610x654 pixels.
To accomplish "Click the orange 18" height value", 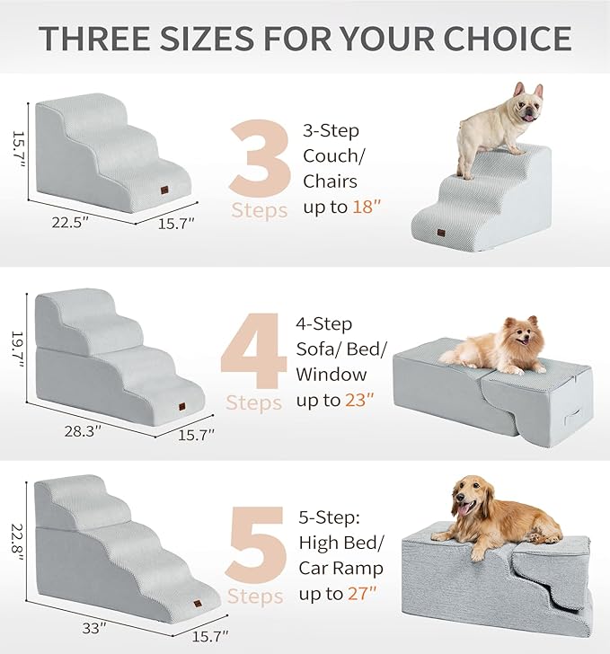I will point(367,206).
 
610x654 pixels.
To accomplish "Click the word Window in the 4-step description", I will point(332,374).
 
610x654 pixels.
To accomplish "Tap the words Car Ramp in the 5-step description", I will point(340,569).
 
